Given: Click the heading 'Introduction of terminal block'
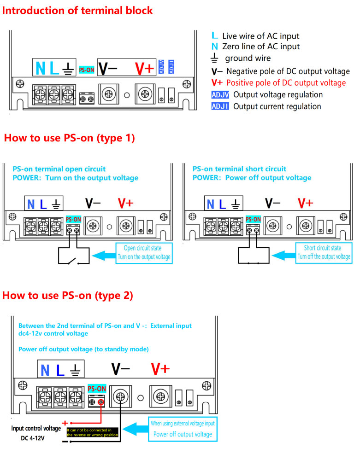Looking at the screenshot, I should point(77,10).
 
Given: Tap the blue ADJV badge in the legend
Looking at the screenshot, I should point(220,94).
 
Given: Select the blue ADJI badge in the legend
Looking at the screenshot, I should point(220,106).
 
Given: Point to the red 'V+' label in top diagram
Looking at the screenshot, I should point(144,68).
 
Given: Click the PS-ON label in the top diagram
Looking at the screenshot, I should point(86,70).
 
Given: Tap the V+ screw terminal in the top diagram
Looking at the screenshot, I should point(144,94).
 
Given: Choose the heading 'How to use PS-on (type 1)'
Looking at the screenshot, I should point(69,138).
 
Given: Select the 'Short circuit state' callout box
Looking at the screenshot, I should point(323,253).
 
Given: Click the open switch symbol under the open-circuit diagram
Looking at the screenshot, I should point(72,262).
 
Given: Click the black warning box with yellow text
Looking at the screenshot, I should point(93,432).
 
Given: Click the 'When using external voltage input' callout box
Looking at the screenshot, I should point(183,428).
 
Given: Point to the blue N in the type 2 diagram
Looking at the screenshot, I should point(45,371).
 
